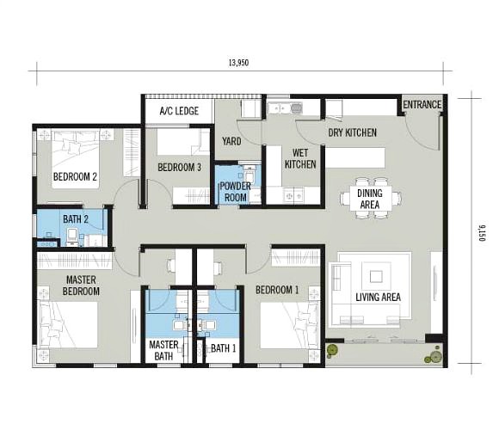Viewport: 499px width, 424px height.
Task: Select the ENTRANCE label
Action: coord(422,105)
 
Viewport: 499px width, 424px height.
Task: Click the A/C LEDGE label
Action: coord(179,112)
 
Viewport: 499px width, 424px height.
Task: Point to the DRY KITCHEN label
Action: coord(352,132)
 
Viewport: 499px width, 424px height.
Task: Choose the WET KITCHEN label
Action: coord(299,157)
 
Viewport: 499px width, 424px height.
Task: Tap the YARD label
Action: coord(231,141)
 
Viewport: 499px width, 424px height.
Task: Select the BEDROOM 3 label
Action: coord(179,167)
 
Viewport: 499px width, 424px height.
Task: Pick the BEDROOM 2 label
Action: coord(75,177)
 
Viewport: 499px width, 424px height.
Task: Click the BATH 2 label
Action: coord(76,219)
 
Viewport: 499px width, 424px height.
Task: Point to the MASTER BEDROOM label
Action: coord(81,285)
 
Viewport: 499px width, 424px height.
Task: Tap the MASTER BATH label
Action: coord(163,349)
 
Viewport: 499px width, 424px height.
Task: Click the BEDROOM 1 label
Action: coord(277,290)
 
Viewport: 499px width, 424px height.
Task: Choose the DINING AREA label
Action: coord(370,200)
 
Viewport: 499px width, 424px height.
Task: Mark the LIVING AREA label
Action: coord(379,298)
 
